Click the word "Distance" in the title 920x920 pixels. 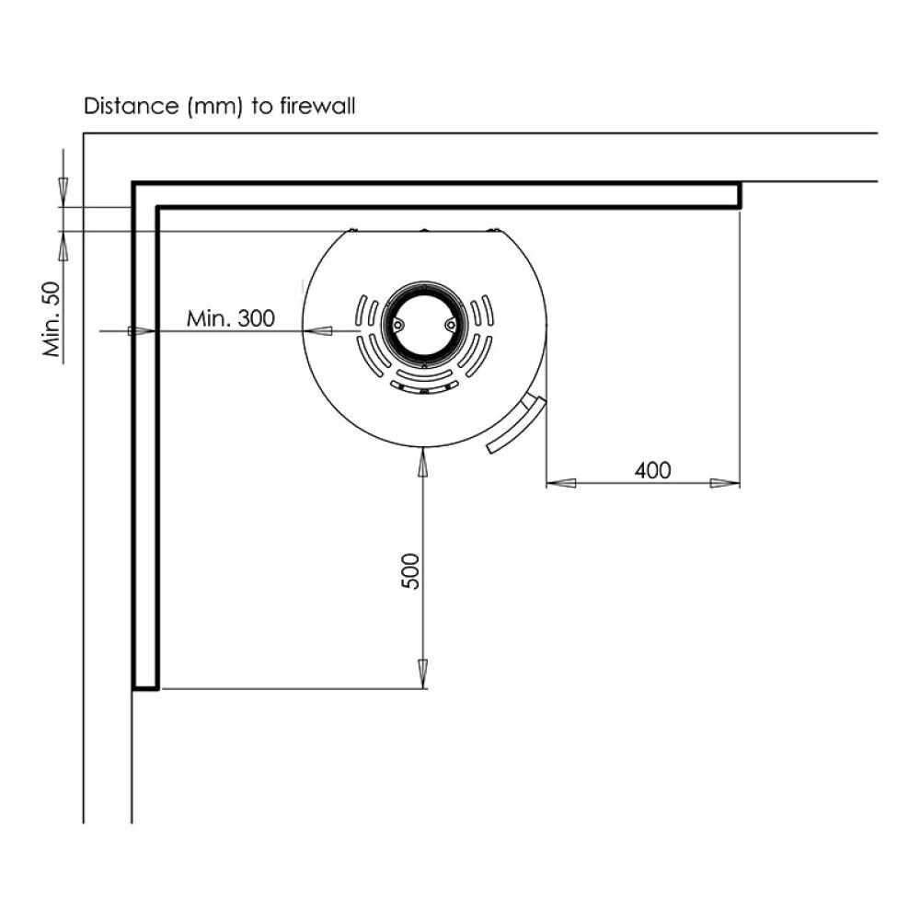(131, 106)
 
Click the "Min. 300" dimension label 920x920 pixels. (231, 318)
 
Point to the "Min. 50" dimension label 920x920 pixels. (52, 319)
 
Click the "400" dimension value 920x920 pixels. (652, 470)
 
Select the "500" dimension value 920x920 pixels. (410, 571)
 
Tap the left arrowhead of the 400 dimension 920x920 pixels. (561, 484)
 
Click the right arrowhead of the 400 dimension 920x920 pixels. (725, 484)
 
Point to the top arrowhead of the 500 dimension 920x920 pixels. (422, 464)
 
